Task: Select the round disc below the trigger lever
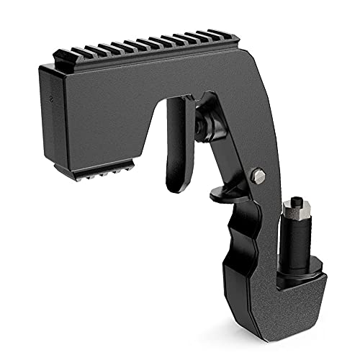(x=222, y=194)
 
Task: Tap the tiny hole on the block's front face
(x=51, y=96)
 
